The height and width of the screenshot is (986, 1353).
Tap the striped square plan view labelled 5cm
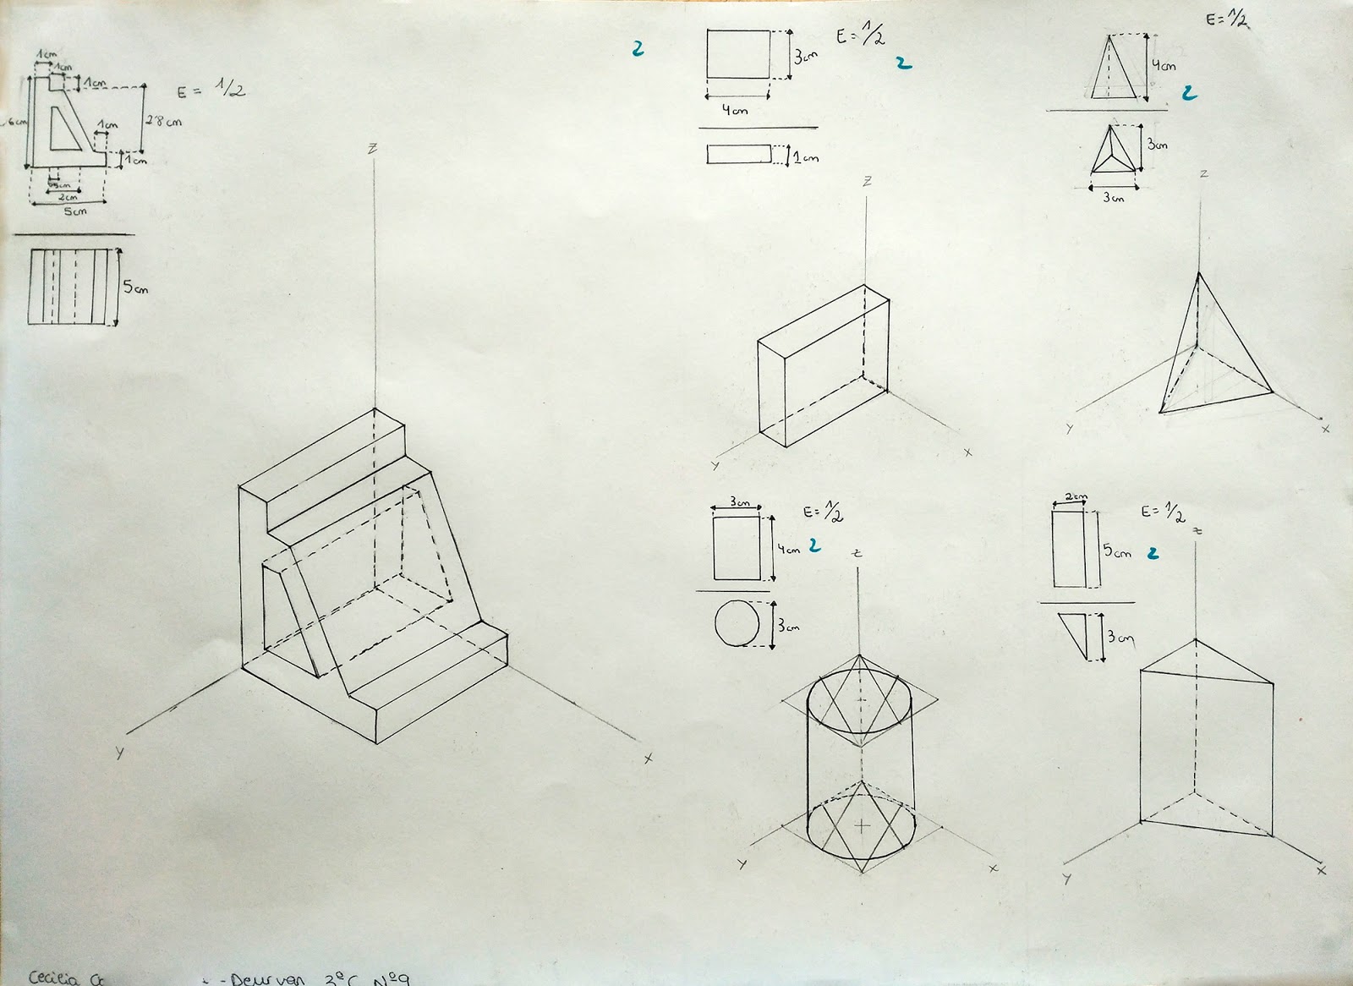(71, 287)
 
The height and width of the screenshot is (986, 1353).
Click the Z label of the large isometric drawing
(372, 149)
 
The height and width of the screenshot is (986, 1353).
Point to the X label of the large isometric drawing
(649, 759)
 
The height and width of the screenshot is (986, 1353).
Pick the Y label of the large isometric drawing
(119, 750)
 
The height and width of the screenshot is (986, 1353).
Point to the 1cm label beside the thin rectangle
(805, 157)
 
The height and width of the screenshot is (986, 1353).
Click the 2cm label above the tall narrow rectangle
(1075, 498)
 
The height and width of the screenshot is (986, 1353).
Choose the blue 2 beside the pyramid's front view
(1189, 93)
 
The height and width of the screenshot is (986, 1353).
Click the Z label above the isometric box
(867, 182)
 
